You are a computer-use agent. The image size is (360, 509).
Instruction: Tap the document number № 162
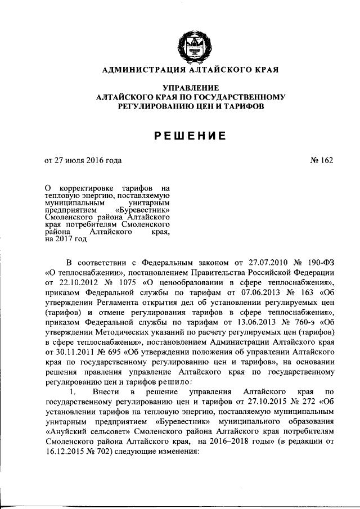pos(321,160)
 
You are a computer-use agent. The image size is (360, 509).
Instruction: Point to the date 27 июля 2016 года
pos(88,160)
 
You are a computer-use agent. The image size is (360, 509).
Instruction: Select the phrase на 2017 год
pos(66,238)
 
